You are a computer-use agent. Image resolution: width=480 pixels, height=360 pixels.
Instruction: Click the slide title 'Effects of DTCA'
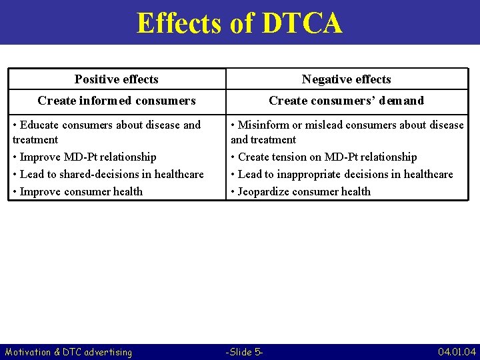pos(239,23)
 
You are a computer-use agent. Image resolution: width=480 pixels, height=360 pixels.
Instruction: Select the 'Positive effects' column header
pos(117,79)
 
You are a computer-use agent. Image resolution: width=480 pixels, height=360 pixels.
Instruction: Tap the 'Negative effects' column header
pos(346,79)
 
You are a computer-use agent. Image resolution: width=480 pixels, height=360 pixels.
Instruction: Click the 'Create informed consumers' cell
pos(117,101)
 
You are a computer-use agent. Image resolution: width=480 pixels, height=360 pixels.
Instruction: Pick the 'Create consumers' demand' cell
pos(346,101)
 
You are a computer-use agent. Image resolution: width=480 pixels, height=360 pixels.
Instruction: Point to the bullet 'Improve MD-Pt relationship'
pos(87,157)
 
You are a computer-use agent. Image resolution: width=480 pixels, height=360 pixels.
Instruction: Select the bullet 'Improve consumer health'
pos(81,192)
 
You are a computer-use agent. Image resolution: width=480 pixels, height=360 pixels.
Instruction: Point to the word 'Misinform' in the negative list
pos(262,125)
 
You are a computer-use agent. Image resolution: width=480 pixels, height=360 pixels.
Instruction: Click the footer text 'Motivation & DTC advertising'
pos(68,352)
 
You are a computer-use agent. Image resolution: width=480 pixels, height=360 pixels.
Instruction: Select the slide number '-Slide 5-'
pos(245,352)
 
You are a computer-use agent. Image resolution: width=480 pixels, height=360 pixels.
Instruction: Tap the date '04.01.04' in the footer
pos(457,352)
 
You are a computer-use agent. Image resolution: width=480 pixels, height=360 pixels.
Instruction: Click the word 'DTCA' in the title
pos(302,23)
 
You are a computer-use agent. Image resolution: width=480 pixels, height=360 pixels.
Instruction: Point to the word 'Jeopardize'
pos(265,192)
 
